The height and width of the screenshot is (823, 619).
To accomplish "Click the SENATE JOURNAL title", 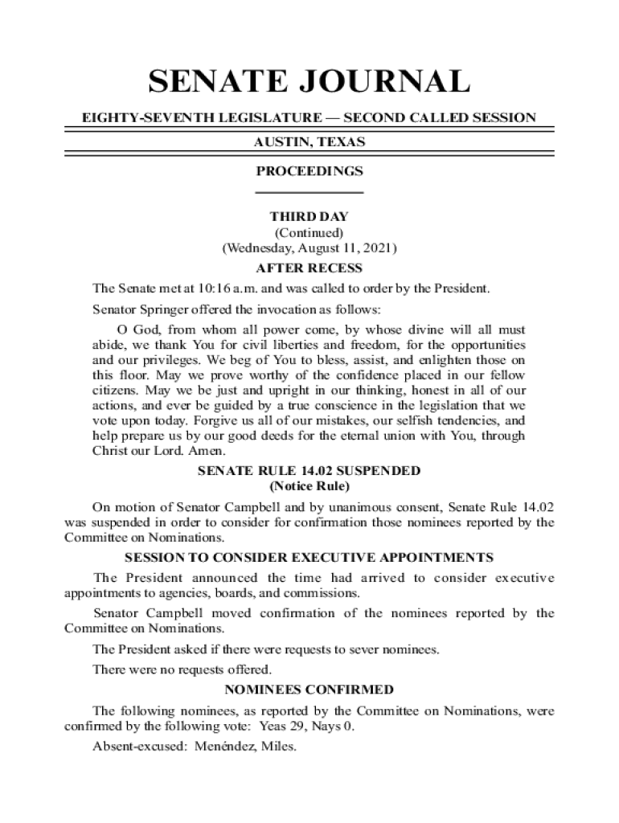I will [x=309, y=83].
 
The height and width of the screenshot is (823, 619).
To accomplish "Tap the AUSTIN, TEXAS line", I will [x=309, y=142].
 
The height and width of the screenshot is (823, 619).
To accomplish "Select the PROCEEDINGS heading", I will [x=309, y=171].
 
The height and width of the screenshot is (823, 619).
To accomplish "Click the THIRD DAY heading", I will [x=309, y=217].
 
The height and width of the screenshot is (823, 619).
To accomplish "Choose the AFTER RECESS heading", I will [x=309, y=268].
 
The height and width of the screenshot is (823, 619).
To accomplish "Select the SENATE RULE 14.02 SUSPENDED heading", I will [x=309, y=471].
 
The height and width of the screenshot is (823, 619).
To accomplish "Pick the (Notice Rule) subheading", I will [x=309, y=487].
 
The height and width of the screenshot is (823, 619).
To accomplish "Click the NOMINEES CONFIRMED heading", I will [x=309, y=690].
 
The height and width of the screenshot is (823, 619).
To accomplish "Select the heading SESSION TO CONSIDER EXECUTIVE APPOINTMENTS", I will [x=309, y=557].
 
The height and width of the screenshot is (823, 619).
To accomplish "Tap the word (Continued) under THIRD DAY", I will [x=309, y=233].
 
